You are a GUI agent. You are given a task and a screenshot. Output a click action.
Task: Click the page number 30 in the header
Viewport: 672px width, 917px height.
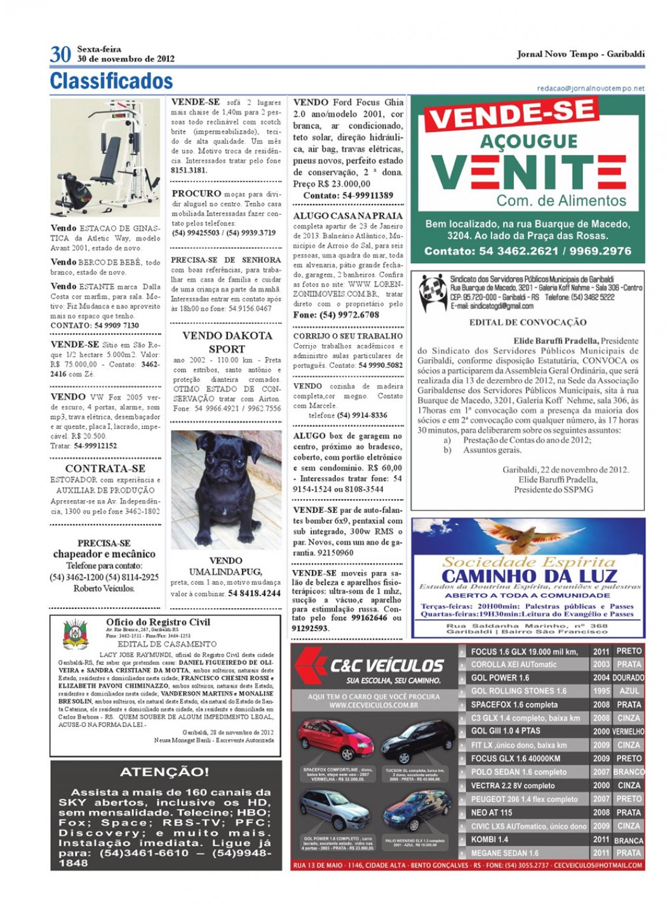(x=60, y=54)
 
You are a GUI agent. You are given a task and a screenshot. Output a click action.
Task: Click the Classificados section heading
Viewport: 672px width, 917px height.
(x=111, y=81)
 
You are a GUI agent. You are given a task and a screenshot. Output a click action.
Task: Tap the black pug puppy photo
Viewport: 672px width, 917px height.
(x=226, y=491)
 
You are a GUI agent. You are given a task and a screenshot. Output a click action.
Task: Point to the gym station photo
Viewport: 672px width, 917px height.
(x=105, y=158)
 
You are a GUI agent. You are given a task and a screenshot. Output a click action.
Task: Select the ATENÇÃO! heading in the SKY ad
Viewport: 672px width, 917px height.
(x=165, y=772)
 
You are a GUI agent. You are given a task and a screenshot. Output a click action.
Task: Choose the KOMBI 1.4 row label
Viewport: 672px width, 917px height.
(x=490, y=839)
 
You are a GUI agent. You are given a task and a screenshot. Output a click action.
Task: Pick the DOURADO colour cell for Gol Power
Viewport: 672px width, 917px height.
(x=628, y=677)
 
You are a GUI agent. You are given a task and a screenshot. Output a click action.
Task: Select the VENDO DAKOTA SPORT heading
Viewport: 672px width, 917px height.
(x=227, y=342)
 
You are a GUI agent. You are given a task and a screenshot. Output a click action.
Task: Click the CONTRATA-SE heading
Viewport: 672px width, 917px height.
(x=105, y=468)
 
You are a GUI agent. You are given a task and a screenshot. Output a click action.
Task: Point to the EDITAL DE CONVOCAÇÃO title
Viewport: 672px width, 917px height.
(x=528, y=322)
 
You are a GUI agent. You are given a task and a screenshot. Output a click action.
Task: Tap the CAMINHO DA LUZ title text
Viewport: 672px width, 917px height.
(x=528, y=576)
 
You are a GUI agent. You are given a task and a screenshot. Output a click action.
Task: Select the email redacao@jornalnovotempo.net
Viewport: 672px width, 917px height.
(x=591, y=88)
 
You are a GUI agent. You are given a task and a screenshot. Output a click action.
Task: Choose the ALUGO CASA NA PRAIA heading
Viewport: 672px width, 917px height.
(x=348, y=215)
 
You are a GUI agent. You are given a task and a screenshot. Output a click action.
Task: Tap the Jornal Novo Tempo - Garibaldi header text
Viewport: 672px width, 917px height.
(x=581, y=54)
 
